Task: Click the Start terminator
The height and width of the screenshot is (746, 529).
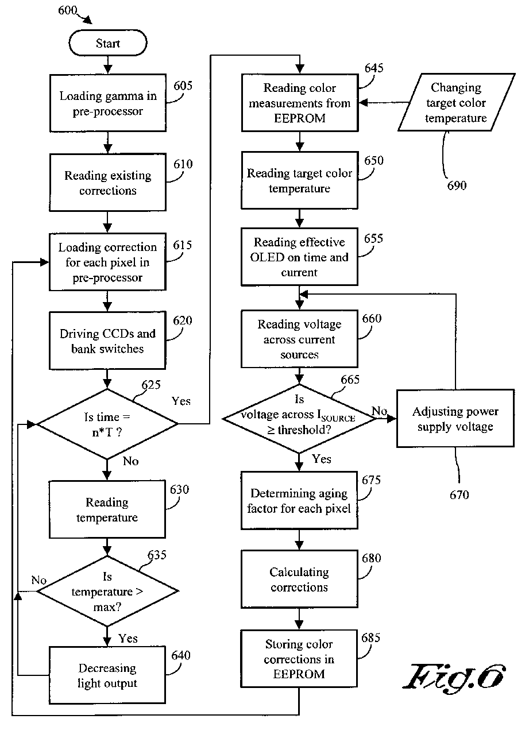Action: tap(108, 44)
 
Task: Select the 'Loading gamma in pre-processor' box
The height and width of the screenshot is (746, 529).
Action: tap(107, 103)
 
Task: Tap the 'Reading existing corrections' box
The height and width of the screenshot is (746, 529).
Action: tap(107, 183)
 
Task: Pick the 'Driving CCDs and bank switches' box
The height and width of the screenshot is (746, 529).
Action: tap(107, 341)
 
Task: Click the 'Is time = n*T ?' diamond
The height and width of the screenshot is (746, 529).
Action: tap(107, 424)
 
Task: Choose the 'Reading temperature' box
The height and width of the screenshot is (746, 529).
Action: tap(107, 509)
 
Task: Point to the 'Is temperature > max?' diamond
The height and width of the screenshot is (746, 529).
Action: tap(107, 591)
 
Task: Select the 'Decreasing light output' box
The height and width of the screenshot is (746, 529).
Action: tap(107, 675)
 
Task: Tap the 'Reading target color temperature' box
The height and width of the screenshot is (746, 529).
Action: tap(299, 180)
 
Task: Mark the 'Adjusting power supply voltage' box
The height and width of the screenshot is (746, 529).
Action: tap(455, 419)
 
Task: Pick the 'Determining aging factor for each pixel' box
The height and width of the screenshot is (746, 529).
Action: tap(299, 500)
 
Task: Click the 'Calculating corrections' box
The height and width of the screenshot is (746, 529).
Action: tap(299, 579)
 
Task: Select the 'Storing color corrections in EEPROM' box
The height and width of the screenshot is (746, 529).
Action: tap(299, 659)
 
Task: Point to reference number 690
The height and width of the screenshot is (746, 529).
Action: tap(457, 185)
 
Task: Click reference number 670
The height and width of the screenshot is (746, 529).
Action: tap(459, 494)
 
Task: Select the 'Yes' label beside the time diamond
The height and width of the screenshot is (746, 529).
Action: tap(181, 401)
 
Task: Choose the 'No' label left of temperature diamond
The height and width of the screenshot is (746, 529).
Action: tap(39, 580)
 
